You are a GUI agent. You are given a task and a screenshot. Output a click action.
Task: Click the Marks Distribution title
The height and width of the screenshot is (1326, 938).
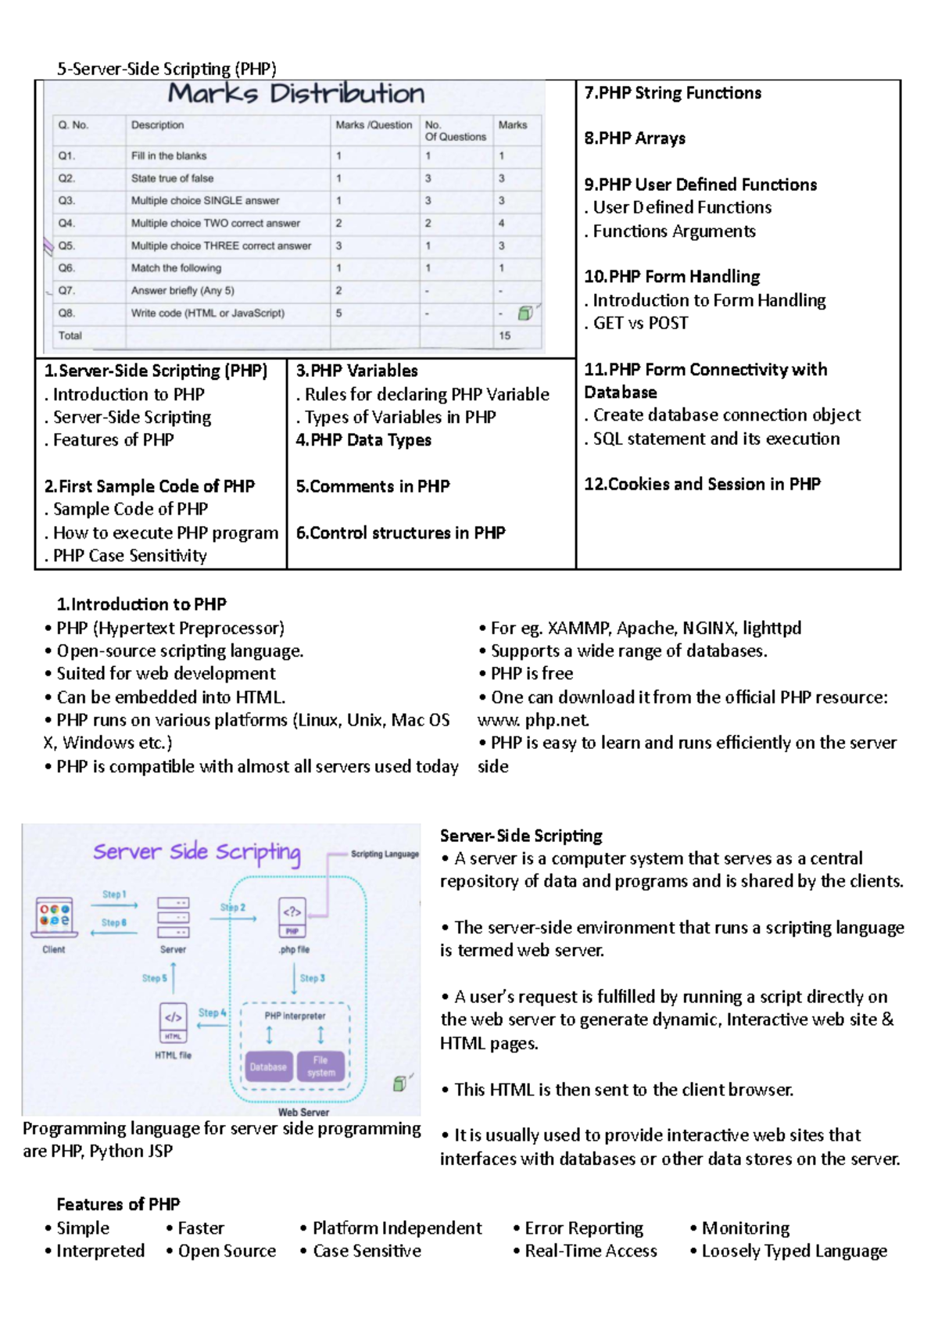tap(296, 94)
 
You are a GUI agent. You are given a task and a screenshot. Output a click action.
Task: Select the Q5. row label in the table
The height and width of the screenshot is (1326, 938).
tap(66, 245)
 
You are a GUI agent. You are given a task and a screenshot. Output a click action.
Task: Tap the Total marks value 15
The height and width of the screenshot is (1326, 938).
tap(505, 335)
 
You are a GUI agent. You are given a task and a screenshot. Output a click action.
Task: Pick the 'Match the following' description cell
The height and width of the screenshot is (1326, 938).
tap(176, 268)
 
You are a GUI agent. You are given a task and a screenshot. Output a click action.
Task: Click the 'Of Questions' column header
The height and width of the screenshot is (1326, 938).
tap(455, 137)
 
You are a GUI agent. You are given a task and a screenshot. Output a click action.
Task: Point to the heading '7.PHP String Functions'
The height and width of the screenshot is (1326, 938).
tap(672, 93)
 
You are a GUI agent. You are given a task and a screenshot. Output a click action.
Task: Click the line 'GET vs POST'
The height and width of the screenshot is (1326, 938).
tap(640, 323)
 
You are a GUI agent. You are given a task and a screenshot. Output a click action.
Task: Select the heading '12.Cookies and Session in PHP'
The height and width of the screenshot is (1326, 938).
tap(702, 484)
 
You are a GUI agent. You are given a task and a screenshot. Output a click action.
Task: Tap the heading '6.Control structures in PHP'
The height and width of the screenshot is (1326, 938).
tap(400, 532)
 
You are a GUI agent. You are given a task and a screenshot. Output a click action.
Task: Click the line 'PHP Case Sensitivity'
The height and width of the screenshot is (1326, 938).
tap(130, 556)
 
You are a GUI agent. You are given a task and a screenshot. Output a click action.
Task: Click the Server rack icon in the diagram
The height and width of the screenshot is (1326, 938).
tap(173, 917)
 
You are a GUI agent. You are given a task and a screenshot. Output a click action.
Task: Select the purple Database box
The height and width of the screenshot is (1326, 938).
tap(268, 1066)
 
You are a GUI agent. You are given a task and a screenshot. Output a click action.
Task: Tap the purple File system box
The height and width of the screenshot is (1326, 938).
tap(320, 1066)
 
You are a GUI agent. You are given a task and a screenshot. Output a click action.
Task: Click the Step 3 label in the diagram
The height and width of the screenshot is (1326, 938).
tap(312, 978)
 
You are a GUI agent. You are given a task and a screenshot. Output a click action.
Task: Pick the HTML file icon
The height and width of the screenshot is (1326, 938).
tap(173, 1022)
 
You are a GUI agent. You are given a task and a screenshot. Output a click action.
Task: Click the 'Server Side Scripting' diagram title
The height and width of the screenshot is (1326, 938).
tap(196, 852)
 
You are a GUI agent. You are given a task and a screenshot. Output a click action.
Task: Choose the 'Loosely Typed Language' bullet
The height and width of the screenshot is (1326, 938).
tap(794, 1251)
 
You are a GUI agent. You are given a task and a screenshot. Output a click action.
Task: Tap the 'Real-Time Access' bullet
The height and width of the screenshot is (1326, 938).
tap(590, 1251)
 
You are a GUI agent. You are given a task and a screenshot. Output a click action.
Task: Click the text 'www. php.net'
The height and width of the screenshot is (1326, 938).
tap(533, 720)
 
